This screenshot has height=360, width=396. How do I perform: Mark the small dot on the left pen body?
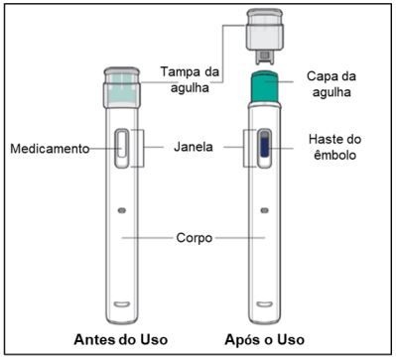pyautogui.click(x=121, y=211)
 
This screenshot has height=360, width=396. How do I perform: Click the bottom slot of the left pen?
pyautogui.click(x=121, y=301)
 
